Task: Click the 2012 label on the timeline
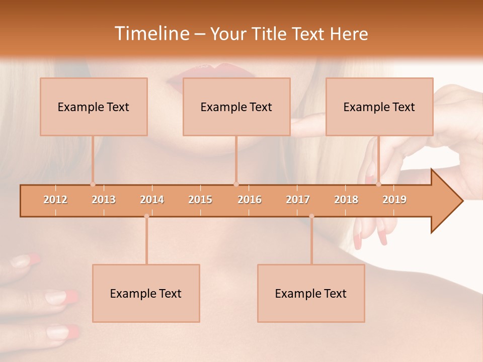pos(55,200)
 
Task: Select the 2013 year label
pos(104,200)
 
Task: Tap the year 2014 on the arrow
pos(152,200)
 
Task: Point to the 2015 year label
pos(200,200)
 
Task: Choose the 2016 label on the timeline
pos(250,200)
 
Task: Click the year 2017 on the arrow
pos(298,200)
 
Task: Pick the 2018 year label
pos(346,200)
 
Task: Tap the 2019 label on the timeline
pos(394,200)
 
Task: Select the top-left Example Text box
pos(94,107)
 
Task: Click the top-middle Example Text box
pos(236,107)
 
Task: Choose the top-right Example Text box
pos(379,107)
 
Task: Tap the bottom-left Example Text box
pos(146,293)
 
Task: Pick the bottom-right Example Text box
pos(311,293)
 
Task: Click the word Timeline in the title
pos(151,34)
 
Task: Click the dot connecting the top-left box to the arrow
pos(93,184)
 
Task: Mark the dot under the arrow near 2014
pos(146,216)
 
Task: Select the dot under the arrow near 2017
pos(311,216)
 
